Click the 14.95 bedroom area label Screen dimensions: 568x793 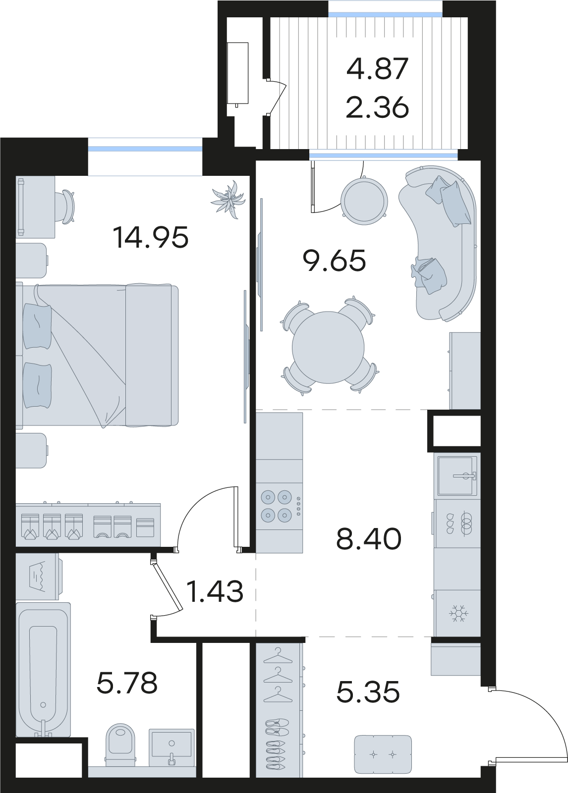[151, 237]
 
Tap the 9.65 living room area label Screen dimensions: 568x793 [334, 261]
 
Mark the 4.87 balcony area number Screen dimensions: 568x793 [377, 69]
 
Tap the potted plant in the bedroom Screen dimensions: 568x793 [228, 199]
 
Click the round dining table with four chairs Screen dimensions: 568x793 [328, 347]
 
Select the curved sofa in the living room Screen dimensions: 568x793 [439, 243]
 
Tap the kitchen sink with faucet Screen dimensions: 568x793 [457, 476]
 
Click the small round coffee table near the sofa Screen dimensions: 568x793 [364, 201]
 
